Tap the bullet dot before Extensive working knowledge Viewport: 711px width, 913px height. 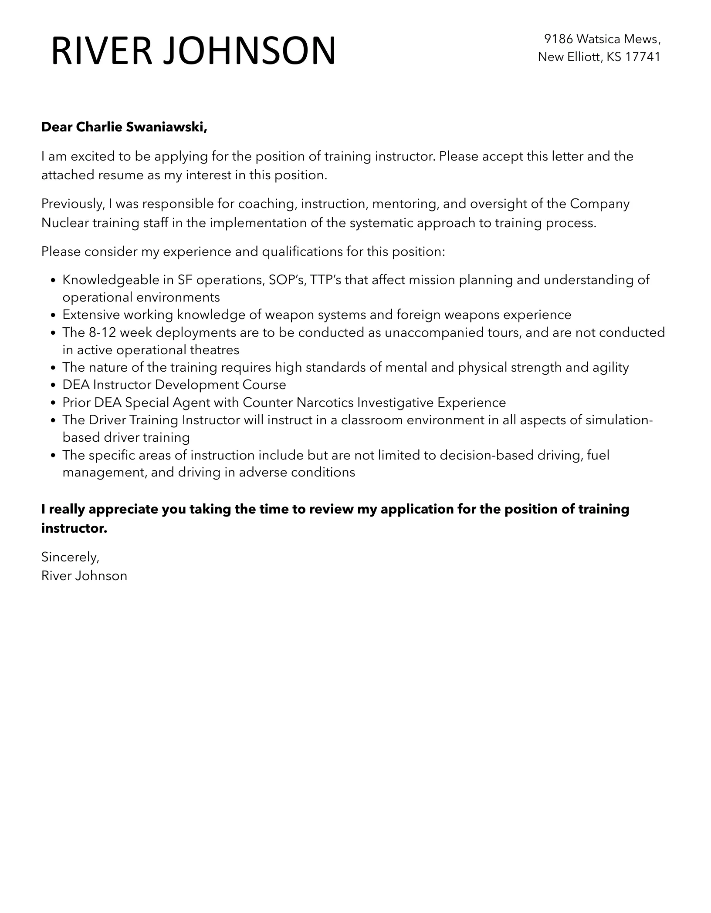53,315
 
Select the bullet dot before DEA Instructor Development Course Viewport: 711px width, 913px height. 53,385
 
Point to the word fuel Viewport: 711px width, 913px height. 598,455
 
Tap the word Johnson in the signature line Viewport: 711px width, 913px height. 101,576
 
